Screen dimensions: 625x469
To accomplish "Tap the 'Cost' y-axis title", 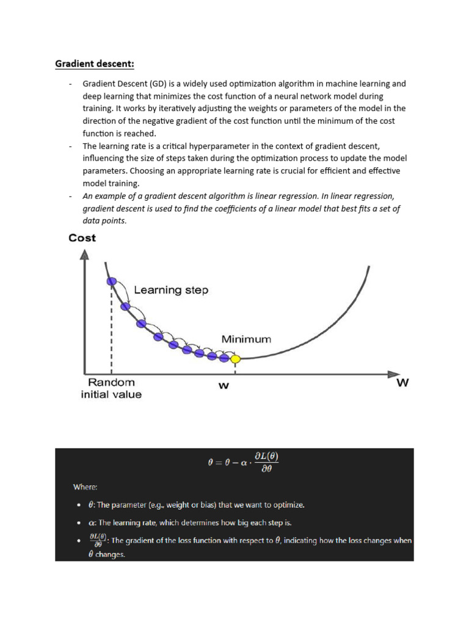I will click(x=82, y=238).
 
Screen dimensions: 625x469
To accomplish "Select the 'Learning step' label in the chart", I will click(x=171, y=290).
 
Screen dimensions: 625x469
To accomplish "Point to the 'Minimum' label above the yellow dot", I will click(x=246, y=339).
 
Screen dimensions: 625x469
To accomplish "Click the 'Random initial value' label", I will click(x=111, y=388).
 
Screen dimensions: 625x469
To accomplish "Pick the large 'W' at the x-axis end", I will click(x=402, y=383).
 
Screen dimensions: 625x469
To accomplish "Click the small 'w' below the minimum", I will click(x=224, y=386).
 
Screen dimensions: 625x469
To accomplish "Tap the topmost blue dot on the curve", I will click(x=112, y=281).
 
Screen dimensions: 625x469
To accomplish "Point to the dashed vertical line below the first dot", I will click(x=111, y=330).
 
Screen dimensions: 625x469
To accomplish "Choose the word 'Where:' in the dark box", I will click(x=85, y=486).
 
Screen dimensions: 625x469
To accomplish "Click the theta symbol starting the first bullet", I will click(x=91, y=505).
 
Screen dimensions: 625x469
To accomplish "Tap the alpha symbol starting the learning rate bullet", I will click(x=92, y=523).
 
